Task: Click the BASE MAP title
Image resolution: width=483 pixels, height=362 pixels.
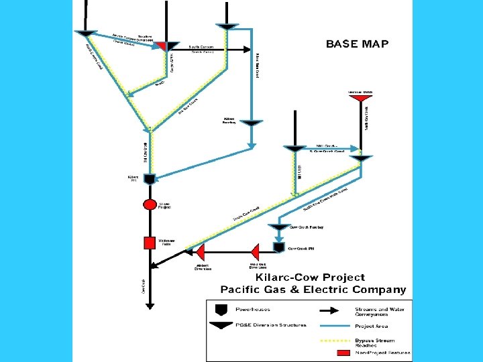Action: (357, 44)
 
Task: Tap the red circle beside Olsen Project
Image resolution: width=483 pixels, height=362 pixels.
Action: (150, 205)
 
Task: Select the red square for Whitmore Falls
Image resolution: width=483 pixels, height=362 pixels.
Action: (150, 243)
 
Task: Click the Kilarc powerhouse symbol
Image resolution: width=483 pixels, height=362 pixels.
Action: (150, 179)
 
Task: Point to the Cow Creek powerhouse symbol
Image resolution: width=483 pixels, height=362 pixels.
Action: (278, 247)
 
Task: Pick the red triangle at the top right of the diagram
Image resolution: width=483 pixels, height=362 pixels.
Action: (361, 99)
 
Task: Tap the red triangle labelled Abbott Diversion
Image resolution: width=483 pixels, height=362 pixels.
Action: (199, 253)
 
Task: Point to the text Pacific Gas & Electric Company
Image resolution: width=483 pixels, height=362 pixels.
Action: (313, 290)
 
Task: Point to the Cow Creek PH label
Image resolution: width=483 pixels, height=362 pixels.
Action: (301, 249)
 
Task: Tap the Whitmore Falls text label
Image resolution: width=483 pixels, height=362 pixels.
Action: (166, 242)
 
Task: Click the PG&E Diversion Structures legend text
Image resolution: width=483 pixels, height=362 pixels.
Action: (271, 325)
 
